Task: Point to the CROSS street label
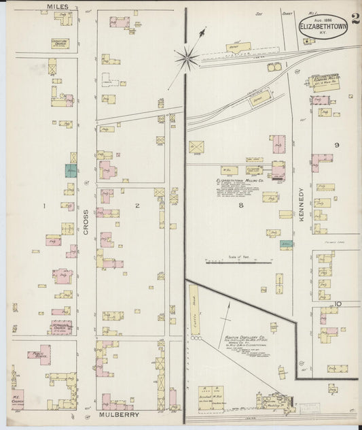pos(86,222)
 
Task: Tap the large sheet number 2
pos(355,18)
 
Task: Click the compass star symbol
pos(187,57)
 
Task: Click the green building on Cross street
pos(71,170)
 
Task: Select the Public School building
pos(40,354)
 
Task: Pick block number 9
pos(336,145)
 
